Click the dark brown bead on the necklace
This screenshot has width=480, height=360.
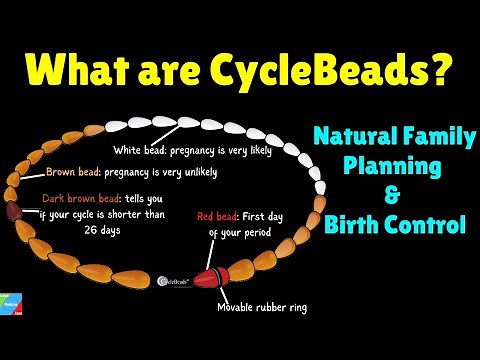[x=15, y=211]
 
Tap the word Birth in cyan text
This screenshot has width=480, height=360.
[x=354, y=225]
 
